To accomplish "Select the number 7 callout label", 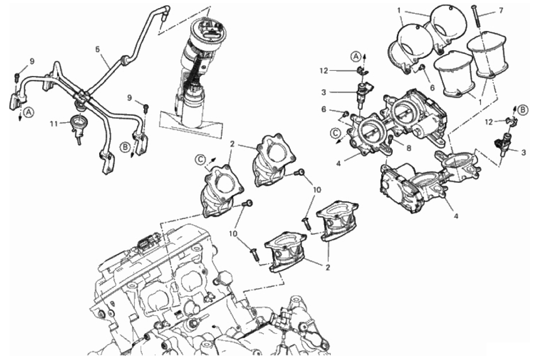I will pos(501,10).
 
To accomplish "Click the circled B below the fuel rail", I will pos(125,146).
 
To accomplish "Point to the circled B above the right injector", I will pos(522,109).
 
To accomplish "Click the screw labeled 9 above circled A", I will pos(17,75).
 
